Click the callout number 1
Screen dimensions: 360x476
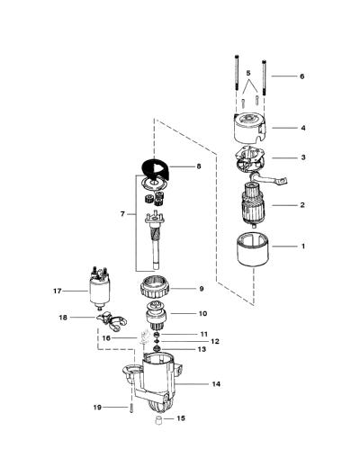pyautogui.click(x=302, y=247)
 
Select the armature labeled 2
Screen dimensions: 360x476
pyautogui.click(x=253, y=204)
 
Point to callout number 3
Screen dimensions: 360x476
pyautogui.click(x=303, y=157)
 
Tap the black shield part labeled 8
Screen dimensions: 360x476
pyautogui.click(x=156, y=170)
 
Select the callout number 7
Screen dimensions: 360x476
pyautogui.click(x=122, y=214)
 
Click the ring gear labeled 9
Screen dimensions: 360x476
pyautogui.click(x=155, y=289)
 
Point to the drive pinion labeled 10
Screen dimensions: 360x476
pyautogui.click(x=156, y=319)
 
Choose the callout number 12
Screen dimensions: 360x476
pyautogui.click(x=215, y=342)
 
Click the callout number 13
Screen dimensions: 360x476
pyautogui.click(x=202, y=349)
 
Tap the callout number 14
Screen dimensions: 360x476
pyautogui.click(x=216, y=384)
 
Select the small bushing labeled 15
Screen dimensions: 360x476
pyautogui.click(x=157, y=421)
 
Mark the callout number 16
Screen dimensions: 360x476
pyautogui.click(x=106, y=338)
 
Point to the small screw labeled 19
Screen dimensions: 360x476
pyautogui.click(x=131, y=409)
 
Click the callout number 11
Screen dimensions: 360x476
pyautogui.click(x=203, y=334)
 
